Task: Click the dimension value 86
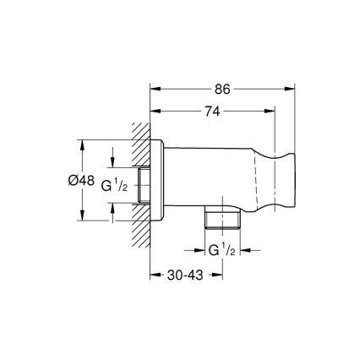[x=223, y=87]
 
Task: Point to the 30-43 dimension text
[x=185, y=275]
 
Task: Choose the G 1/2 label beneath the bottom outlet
[x=221, y=251]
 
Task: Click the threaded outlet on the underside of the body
[x=221, y=221]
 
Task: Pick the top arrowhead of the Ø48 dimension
[x=83, y=143]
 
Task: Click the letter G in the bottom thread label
[x=212, y=252]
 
